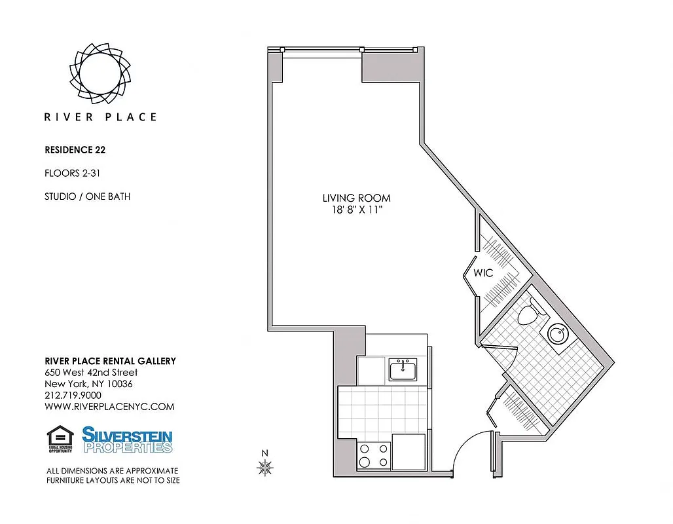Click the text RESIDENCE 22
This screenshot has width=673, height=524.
tap(75, 149)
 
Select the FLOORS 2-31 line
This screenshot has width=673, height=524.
tap(71, 173)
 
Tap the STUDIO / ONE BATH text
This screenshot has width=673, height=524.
tap(87, 196)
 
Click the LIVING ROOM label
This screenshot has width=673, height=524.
tap(356, 198)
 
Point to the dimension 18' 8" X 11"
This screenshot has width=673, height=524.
tap(356, 210)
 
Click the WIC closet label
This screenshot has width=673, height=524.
tap(484, 273)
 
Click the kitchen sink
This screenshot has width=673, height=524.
tap(403, 370)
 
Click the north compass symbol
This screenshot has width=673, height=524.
tap(265, 466)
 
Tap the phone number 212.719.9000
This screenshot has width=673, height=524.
tap(73, 395)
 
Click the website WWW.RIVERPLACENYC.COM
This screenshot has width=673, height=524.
tap(109, 407)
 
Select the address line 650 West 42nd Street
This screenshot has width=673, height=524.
tap(91, 372)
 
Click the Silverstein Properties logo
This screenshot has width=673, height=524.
tap(127, 440)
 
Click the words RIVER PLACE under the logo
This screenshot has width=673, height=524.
tap(100, 117)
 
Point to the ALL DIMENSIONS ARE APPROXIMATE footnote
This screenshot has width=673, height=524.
tap(112, 471)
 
